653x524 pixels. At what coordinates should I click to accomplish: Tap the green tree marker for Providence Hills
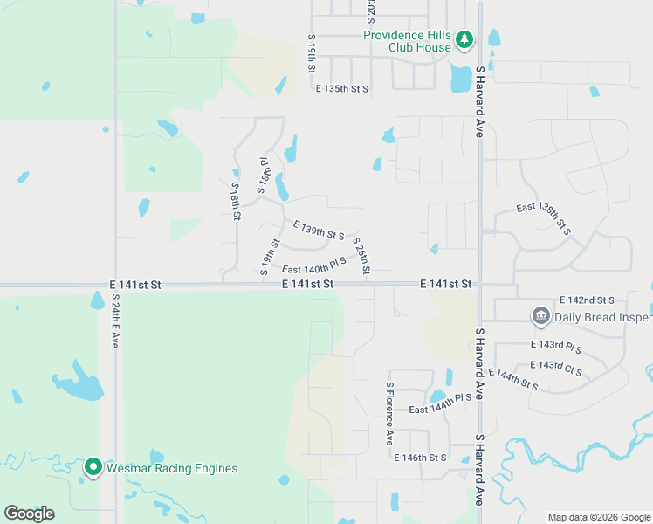[464, 39]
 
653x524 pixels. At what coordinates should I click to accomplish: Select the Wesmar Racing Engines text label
[172, 468]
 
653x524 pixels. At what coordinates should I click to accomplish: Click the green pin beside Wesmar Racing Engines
[93, 467]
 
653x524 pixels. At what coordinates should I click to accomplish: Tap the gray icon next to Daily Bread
[540, 315]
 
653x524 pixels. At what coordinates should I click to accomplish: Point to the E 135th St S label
[342, 89]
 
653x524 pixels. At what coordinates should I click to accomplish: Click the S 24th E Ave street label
[115, 320]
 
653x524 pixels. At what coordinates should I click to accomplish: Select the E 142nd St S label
[587, 300]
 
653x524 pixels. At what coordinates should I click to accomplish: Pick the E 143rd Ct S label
[557, 365]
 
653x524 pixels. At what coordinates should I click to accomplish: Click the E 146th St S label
[420, 458]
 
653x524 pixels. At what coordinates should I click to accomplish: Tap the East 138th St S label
[543, 218]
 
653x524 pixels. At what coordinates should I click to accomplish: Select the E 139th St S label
[319, 231]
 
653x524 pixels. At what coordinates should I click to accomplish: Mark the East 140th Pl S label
[313, 265]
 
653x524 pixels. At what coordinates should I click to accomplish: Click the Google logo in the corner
[29, 514]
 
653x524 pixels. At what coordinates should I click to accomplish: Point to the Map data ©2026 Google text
[599, 517]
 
